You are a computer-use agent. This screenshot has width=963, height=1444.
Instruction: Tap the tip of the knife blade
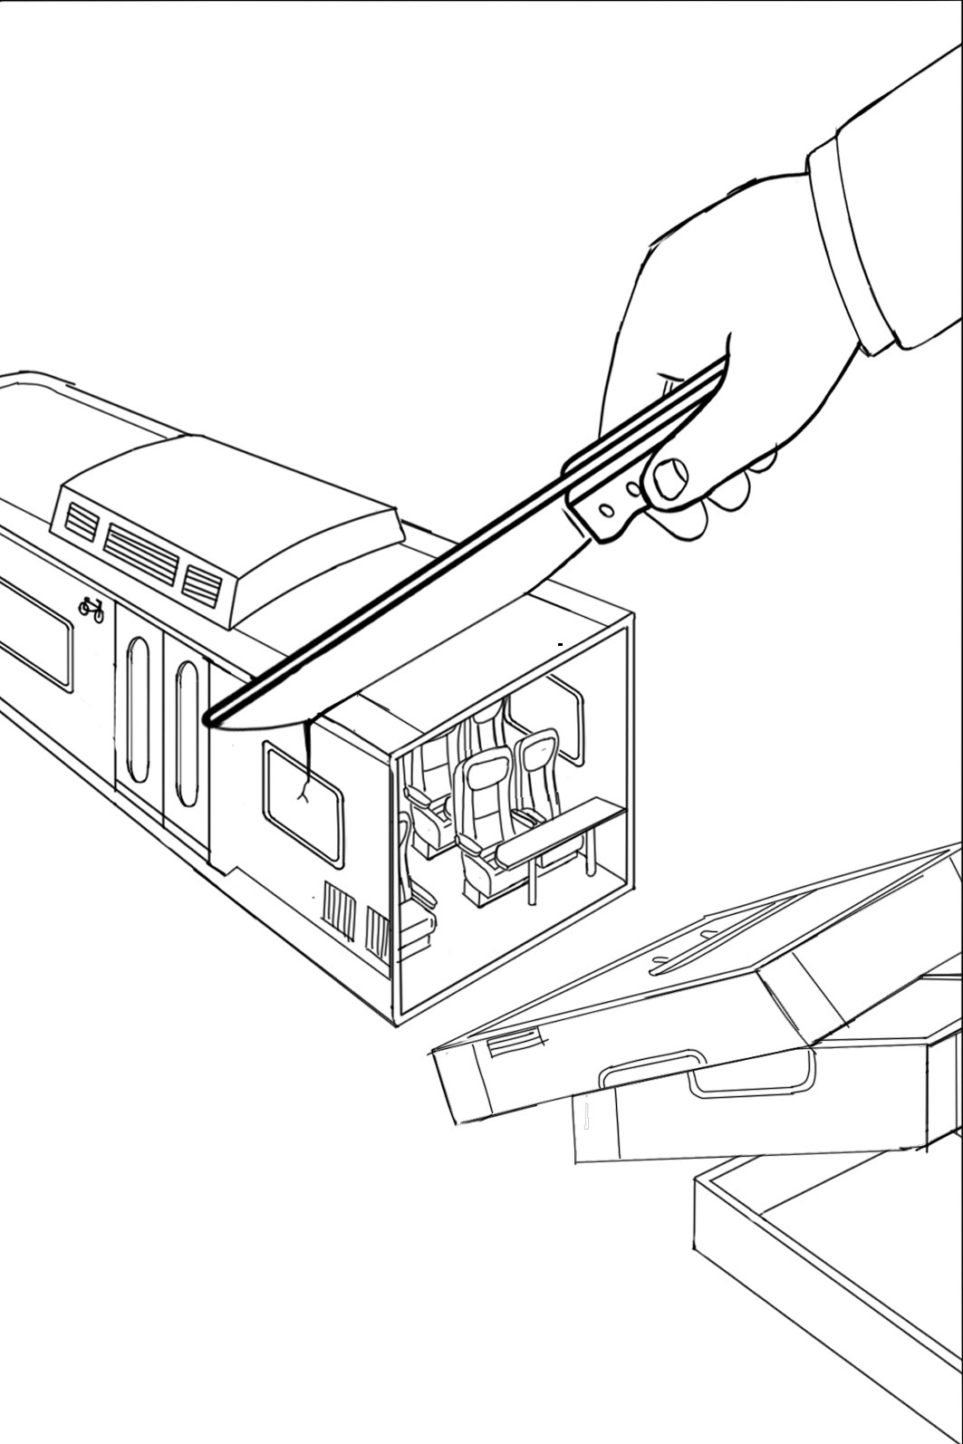pyautogui.click(x=210, y=720)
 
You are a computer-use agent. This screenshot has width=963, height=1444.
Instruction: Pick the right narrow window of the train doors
pyautogui.click(x=187, y=733)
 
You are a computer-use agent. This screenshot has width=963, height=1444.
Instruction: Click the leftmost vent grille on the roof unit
pyautogui.click(x=82, y=522)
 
